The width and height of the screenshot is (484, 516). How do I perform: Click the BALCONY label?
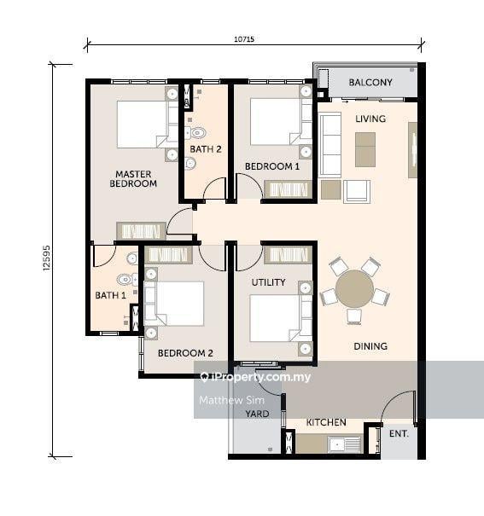pos(370,82)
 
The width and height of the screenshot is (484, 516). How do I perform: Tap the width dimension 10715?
pos(244,39)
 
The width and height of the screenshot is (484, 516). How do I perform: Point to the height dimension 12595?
pos(47,258)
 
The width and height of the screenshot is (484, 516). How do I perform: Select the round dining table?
pos(354,288)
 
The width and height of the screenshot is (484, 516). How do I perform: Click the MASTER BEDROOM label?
pos(133,179)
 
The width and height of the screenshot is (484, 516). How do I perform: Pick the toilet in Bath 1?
pos(127,280)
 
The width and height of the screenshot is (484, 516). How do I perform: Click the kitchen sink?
pos(344,444)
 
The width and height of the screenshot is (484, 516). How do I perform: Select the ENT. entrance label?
pos(399,434)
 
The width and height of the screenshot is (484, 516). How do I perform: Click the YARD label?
pos(257,414)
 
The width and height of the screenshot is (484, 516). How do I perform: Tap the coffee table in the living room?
pos(365,149)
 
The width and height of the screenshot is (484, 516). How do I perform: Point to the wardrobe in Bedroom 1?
pos(289,189)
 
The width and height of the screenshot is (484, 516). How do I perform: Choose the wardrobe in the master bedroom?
pos(141,231)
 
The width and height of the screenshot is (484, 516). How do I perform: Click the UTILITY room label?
pos(268,282)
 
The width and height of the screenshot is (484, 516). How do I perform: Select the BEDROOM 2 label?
pos(185,353)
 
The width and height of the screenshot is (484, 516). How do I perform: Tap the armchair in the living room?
pos(357,191)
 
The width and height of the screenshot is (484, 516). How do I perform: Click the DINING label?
pos(370,346)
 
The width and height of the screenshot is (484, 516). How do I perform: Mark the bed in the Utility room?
pos(281,318)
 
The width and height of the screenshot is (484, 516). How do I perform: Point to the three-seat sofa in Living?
pos(329,145)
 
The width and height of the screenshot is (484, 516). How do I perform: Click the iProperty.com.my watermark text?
pos(255,377)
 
